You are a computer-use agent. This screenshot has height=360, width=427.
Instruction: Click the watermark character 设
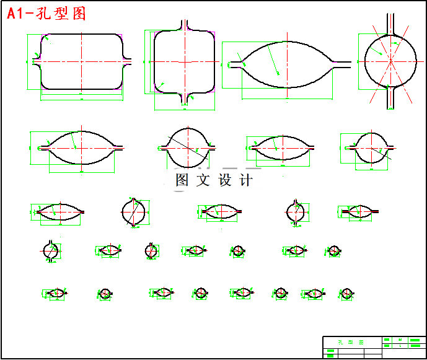point(225,181)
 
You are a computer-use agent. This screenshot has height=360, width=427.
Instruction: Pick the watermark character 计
point(246,181)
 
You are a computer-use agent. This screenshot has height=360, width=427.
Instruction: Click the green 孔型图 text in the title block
point(351,342)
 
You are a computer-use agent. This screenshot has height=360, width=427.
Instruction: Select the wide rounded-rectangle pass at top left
point(81,61)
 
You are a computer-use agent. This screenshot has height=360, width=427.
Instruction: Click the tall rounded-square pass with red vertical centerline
point(184,61)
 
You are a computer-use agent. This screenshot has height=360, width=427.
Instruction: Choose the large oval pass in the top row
point(287,62)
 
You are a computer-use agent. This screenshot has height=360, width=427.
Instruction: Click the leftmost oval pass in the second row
point(81,148)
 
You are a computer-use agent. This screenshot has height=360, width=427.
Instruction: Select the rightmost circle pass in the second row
point(371,147)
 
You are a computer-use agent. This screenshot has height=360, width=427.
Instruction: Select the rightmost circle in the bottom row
point(346,293)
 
